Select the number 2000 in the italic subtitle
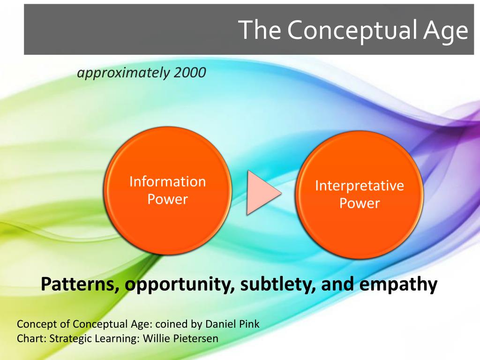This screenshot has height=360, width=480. click(190, 73)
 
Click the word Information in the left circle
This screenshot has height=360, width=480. click(168, 181)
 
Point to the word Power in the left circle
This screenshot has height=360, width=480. click(168, 199)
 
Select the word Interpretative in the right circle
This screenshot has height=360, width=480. click(360, 186)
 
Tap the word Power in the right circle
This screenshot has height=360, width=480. click(360, 203)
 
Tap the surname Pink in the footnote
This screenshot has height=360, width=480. click(250, 324)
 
